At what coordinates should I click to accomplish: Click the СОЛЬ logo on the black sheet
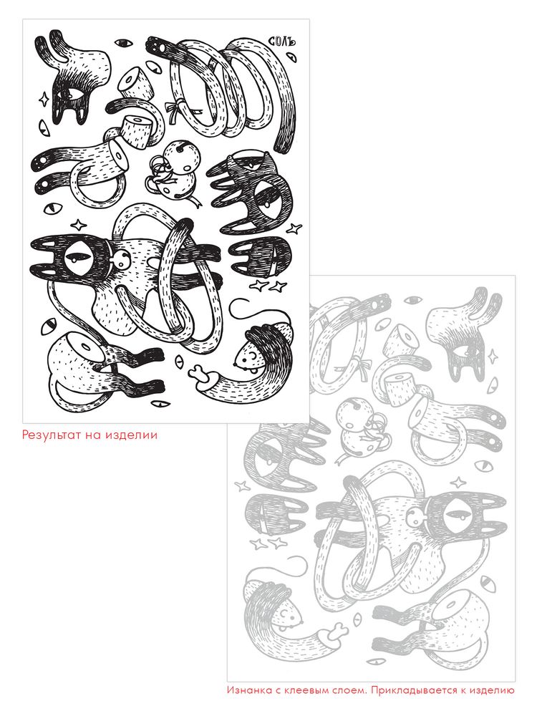284,40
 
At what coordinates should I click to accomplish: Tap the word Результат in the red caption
51,435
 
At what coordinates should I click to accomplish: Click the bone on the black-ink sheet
203,374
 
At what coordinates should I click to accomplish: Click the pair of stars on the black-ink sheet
268,287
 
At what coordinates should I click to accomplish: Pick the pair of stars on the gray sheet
268,543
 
